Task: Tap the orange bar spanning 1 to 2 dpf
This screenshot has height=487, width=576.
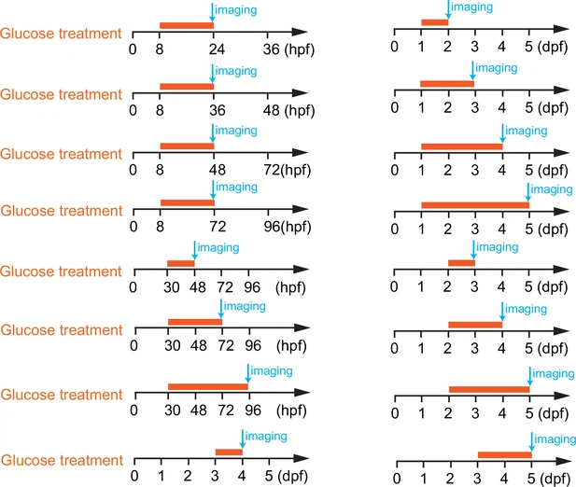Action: pos(434,21)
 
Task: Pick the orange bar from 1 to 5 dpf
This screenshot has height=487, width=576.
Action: pos(474,204)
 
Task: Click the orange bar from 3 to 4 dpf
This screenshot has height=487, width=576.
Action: pos(229,452)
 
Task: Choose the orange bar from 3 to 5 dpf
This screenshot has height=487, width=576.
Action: pos(504,454)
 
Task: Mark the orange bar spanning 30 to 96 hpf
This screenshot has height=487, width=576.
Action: pos(207,386)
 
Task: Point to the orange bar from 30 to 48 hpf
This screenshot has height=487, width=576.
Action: pos(180,263)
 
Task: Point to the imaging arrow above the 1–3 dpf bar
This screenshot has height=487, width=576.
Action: pos(473,73)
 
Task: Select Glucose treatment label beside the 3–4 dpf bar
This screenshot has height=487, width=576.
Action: pos(62,461)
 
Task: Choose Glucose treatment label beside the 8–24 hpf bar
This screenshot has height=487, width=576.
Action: pos(62,35)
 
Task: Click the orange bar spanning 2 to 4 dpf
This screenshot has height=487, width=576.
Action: pos(475,325)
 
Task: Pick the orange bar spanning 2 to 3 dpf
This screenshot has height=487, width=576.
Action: pos(461,263)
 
